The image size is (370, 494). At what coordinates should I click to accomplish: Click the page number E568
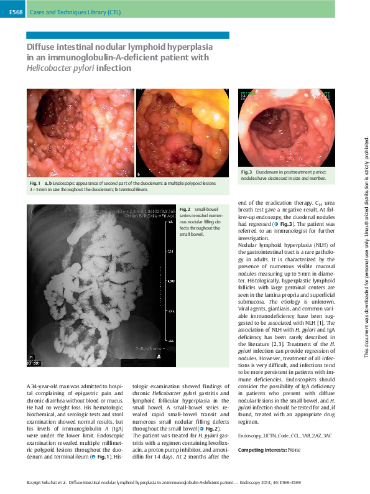pyautogui.click(x=16, y=12)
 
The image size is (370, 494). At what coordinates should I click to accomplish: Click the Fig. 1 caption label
pyautogui.click(x=34, y=184)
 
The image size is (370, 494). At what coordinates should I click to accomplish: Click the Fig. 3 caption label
pyautogui.click(x=246, y=172)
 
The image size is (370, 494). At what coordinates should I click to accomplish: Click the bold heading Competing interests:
pyautogui.click(x=260, y=449)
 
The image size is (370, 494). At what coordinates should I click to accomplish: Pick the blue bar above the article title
pyautogui.click(x=128, y=35)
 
